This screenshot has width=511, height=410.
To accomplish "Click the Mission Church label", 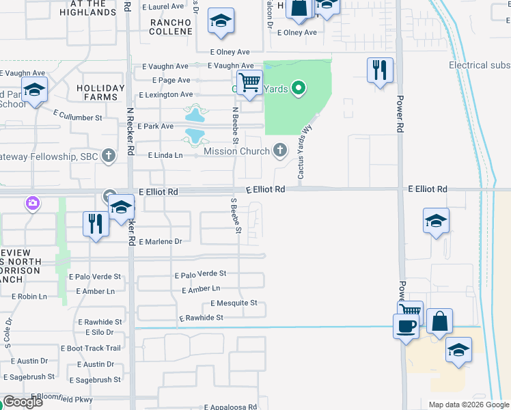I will click(x=236, y=151).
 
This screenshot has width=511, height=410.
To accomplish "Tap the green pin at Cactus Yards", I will click(x=298, y=87).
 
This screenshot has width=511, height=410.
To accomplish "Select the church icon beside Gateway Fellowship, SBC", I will click(x=108, y=156).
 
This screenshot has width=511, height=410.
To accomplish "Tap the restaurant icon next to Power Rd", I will click(x=380, y=70).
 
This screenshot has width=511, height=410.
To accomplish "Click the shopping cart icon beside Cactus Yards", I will click(x=250, y=83).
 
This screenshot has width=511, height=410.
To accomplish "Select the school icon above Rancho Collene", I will click(x=221, y=22).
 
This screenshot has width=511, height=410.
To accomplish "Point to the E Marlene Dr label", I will click(x=161, y=242).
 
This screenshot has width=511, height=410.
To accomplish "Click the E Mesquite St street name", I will click(x=234, y=303).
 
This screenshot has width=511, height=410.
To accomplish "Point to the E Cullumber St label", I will click(x=77, y=115).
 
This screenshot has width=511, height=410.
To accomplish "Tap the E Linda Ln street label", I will click(x=166, y=156).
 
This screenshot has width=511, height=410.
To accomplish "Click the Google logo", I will click(x=23, y=402).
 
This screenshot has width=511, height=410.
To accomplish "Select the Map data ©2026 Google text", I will click(x=468, y=405).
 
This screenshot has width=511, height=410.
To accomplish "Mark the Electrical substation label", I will click(x=480, y=66).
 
